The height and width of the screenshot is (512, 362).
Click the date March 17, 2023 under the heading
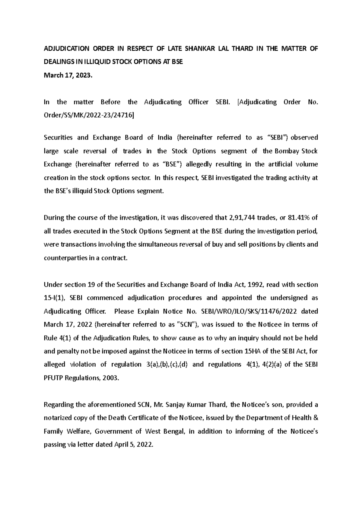coord(67,75)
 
